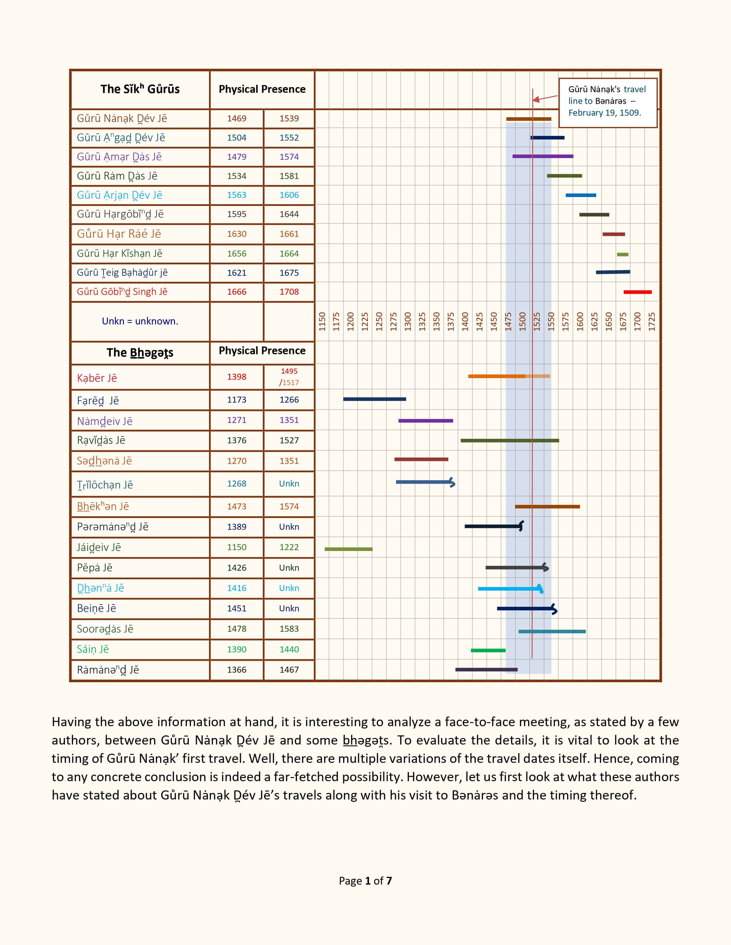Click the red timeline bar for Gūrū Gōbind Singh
click(638, 292)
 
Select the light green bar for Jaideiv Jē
click(348, 549)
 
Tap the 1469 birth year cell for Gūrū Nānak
click(236, 119)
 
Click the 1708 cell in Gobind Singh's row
click(289, 292)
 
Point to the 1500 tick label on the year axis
click(522, 322)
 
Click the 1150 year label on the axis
click(322, 322)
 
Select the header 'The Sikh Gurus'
click(140, 89)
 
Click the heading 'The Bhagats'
click(140, 353)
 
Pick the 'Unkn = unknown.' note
click(140, 321)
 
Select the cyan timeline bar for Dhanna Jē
click(509, 588)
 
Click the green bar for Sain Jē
click(488, 650)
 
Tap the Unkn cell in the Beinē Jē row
click(289, 608)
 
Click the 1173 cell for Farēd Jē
click(236, 400)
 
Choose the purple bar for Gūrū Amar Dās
click(543, 156)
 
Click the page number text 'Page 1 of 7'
click(365, 881)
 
